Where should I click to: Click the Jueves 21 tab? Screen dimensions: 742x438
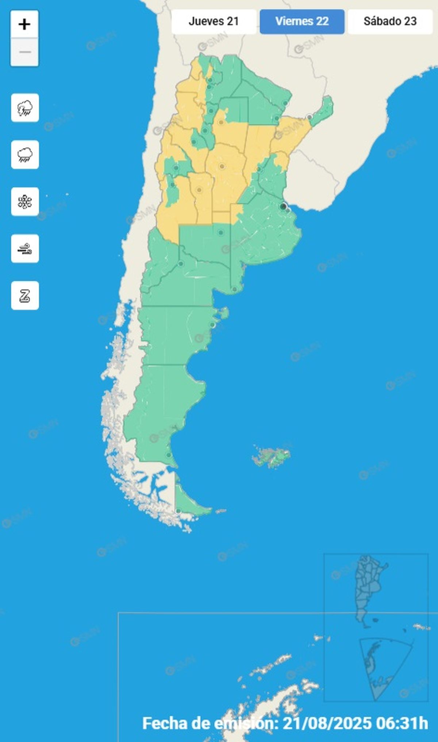214,22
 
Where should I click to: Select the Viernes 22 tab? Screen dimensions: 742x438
302,22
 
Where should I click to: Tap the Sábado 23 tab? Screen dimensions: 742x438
390,22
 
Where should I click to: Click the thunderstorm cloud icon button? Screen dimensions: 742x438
25,108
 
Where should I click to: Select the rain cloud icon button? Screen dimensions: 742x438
25,155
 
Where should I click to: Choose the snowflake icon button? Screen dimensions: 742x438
25,202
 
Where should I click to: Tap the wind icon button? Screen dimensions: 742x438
25,249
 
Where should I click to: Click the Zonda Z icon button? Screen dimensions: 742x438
25,295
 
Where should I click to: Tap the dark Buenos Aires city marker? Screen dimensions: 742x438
283,206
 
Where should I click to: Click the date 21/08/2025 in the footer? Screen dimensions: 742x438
327,723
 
